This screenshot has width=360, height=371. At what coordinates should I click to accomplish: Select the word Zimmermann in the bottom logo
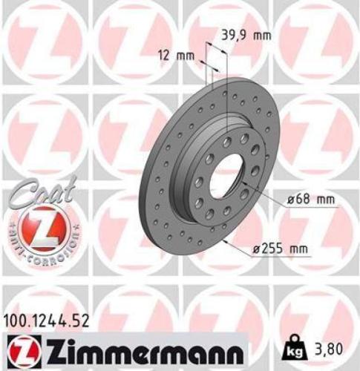coord(138,347)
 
